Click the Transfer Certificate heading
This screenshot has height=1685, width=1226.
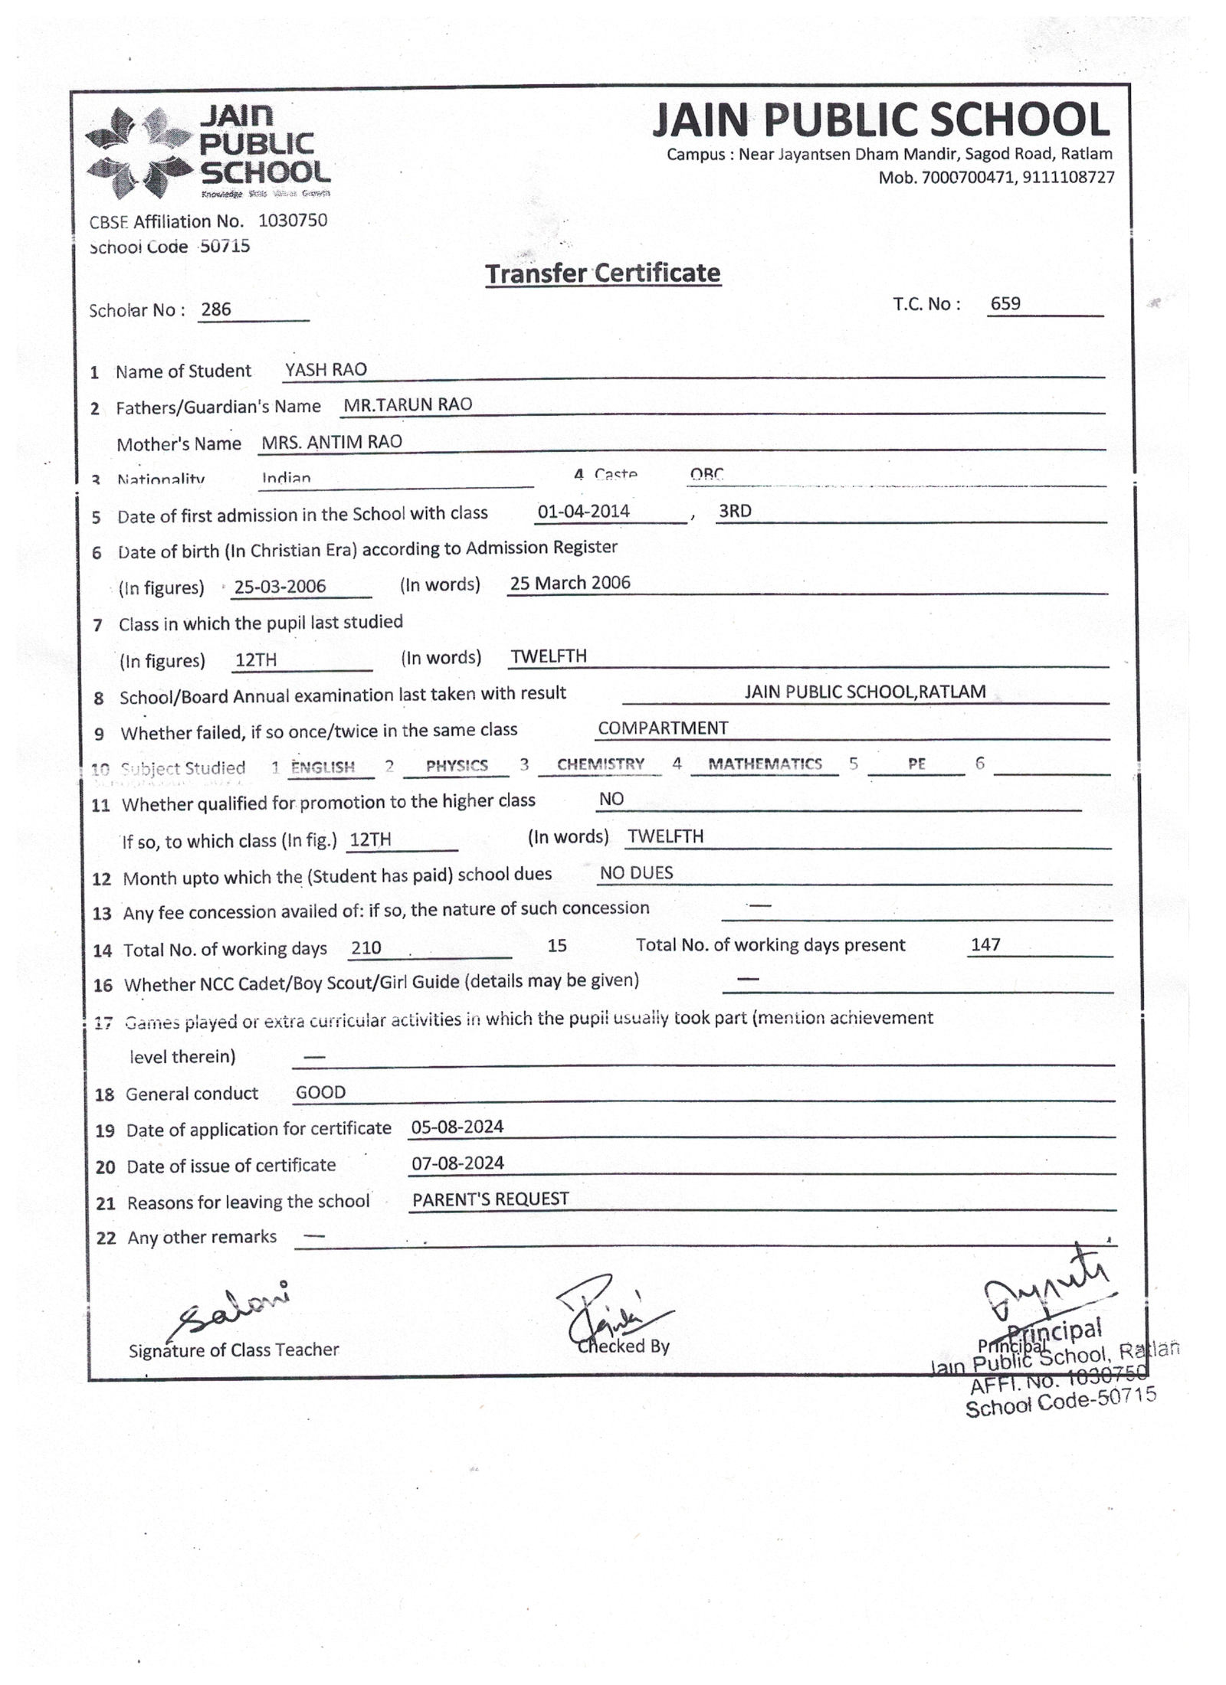[x=602, y=273]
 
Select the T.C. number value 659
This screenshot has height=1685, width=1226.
[x=1005, y=303]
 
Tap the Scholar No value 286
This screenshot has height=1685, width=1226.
[x=215, y=309]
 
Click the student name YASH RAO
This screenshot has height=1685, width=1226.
[x=326, y=370]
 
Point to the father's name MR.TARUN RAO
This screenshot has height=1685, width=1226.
[x=408, y=404]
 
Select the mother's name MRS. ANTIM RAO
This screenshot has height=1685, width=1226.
[x=332, y=442]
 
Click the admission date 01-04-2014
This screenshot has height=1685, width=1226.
[x=583, y=511]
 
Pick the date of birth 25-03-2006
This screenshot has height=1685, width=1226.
[x=280, y=587]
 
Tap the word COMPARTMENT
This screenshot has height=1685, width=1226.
[x=663, y=728]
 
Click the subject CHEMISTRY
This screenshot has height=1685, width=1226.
[x=600, y=764]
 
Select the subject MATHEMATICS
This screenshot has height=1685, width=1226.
[x=765, y=764]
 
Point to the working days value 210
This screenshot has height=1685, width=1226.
[x=366, y=948]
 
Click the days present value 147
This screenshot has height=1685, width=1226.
[x=985, y=944]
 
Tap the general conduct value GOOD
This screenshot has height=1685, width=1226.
[x=320, y=1092]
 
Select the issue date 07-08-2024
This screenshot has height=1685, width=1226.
[x=457, y=1163]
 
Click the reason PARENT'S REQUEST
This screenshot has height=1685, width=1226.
[x=490, y=1199]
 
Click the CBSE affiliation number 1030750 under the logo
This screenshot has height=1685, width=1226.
[x=293, y=221]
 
